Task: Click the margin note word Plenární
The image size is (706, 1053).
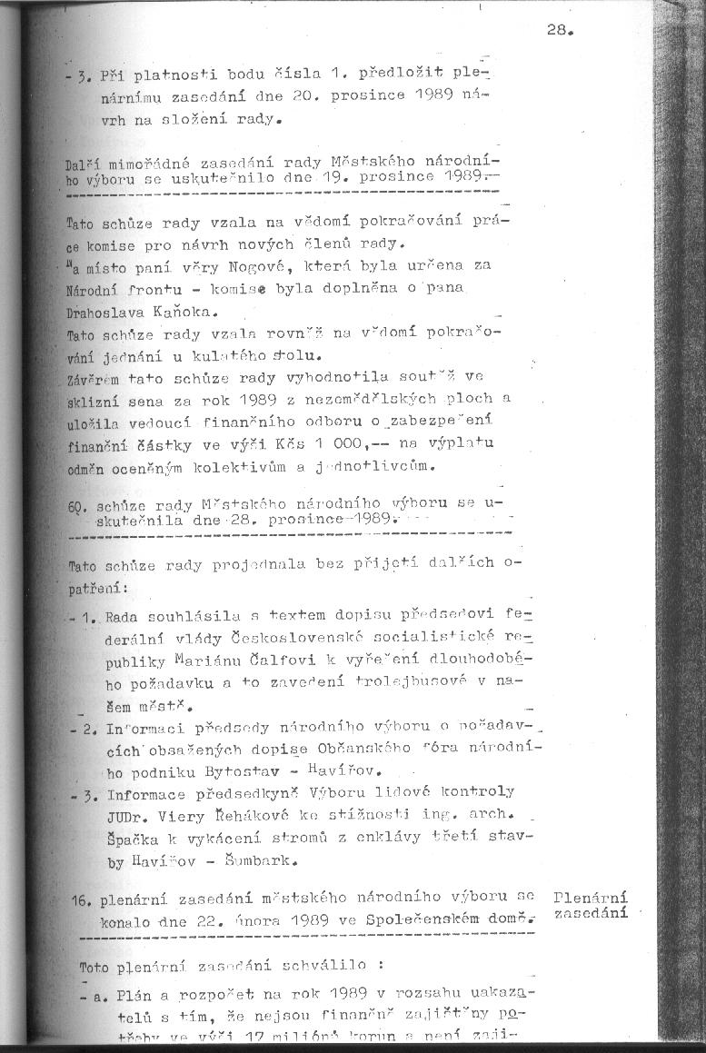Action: pyautogui.click(x=590, y=896)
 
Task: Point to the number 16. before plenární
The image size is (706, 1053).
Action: pyautogui.click(x=84, y=900)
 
